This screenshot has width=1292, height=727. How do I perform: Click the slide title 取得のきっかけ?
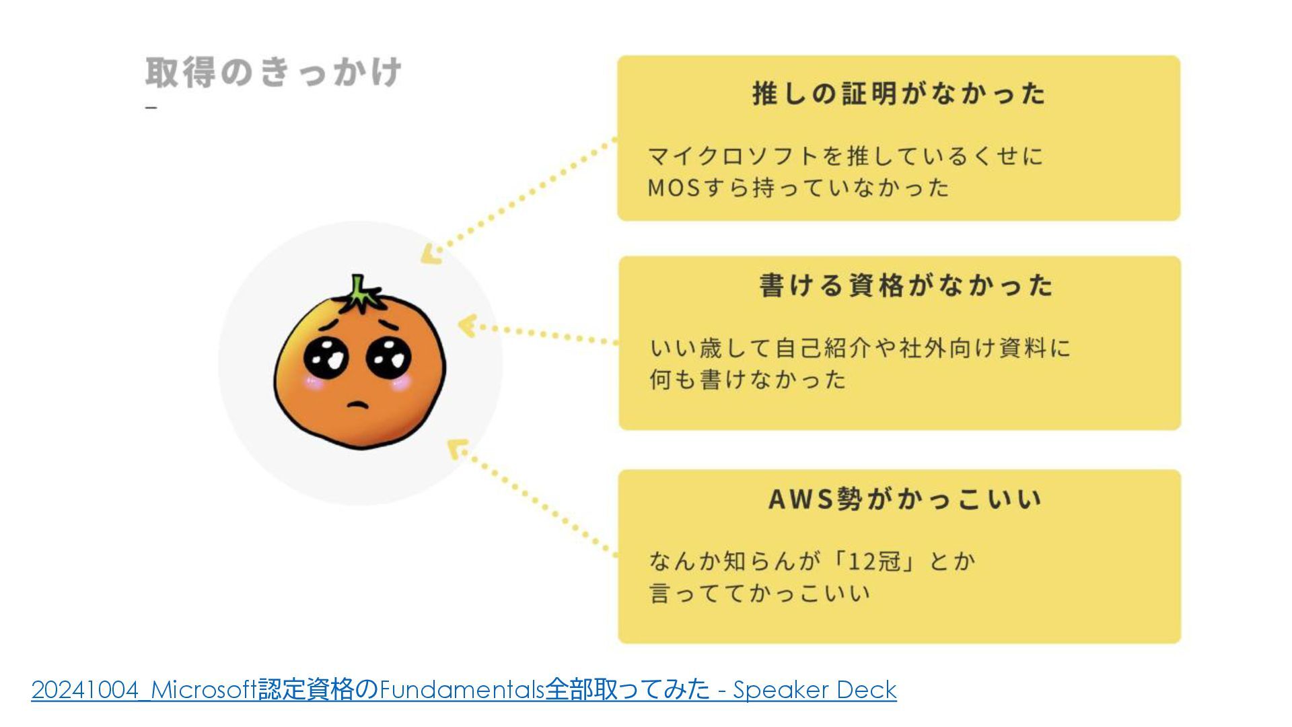(x=273, y=73)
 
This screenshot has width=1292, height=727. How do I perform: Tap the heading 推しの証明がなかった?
(x=899, y=94)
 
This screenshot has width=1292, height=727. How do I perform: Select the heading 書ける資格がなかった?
(x=906, y=285)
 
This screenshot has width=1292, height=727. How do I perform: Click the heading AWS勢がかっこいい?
(x=905, y=499)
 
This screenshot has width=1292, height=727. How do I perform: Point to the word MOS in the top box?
(x=674, y=188)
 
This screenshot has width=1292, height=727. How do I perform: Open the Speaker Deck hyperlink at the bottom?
(x=464, y=690)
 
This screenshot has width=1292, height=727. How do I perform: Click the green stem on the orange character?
(x=360, y=293)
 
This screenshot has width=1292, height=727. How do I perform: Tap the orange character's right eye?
(x=388, y=356)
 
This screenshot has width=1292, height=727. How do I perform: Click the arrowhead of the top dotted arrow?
(x=429, y=255)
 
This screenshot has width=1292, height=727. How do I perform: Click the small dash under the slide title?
(x=151, y=107)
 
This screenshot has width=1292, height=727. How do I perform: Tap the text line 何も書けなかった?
(x=747, y=380)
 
